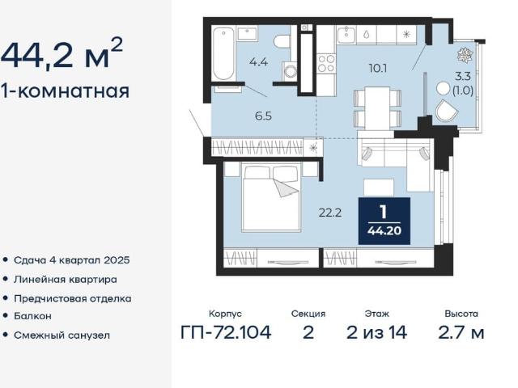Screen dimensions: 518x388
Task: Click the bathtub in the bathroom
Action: [223, 54]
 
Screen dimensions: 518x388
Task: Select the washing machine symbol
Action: [291, 70]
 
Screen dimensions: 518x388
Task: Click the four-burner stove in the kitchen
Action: [326, 63]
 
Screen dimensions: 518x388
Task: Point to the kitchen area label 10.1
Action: [378, 68]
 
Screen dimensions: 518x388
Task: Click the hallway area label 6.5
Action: [263, 116]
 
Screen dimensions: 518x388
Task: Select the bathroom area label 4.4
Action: [258, 61]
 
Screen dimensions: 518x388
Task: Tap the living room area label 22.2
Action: [330, 213]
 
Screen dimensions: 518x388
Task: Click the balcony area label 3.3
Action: [463, 77]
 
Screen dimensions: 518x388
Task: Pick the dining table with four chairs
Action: [378, 108]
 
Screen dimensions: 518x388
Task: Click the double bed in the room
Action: [271, 196]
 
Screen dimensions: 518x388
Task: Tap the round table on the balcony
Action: [443, 88]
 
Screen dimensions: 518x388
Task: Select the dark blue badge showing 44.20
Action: [384, 221]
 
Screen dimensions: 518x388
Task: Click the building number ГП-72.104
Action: [226, 332]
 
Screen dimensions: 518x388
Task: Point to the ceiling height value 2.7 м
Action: [461, 332]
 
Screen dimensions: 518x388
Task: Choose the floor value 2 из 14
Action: [377, 332]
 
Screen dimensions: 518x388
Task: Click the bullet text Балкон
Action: [32, 316]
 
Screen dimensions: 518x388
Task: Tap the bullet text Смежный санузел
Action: [62, 335]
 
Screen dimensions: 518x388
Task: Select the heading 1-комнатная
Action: [65, 91]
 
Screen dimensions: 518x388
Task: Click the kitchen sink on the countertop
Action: [346, 35]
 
